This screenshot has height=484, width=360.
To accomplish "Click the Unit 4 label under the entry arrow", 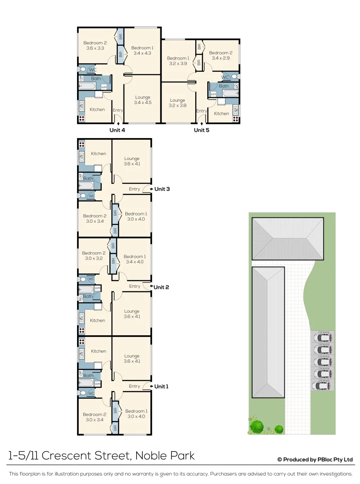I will pos(117,130).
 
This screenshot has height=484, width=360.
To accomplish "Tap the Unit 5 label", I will pos(201,130).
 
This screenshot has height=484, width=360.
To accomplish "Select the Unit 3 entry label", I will pos(162,189).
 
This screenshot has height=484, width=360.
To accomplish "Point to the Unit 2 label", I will pos(162,287).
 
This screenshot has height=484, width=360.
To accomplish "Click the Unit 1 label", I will pos(161,386).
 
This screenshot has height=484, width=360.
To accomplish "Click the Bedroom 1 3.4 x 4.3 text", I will pos(142,50).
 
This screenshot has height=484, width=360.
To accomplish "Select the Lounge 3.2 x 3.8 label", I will pos(177,103).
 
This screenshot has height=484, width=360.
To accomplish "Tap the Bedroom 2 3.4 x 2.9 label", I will pos(221,55).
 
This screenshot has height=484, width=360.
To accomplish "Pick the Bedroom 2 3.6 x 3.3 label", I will pos(95,45).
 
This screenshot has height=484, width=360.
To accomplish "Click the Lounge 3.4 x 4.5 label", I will pos(142,100).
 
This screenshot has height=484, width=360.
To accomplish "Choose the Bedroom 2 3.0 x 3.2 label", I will pos(94,256).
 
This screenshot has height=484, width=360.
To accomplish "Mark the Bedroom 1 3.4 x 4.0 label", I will pos(134,259).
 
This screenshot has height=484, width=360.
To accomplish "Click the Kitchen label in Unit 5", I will pos(221,114).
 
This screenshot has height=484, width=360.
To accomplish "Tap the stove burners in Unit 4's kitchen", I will pos(81,119).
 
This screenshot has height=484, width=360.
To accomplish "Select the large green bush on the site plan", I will pos(257,426).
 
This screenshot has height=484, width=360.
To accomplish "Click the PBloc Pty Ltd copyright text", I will pos(315,460).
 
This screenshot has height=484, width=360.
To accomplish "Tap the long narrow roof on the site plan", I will pos(268,332).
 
